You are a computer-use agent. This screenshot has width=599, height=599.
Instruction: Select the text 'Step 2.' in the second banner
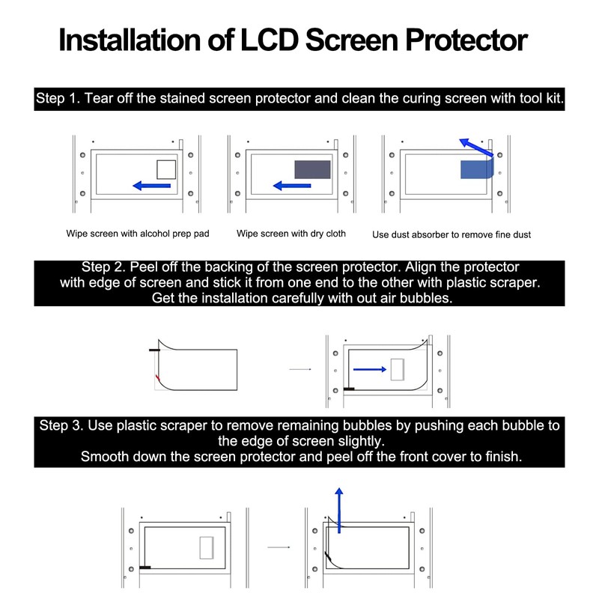pos(106,267)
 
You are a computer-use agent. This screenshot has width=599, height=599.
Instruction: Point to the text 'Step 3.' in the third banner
pos(62,426)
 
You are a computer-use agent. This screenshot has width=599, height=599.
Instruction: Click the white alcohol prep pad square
pos(166,170)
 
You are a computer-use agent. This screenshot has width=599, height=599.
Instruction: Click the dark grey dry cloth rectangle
pos(313,170)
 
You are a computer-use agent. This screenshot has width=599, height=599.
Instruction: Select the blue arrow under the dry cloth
pos(292,186)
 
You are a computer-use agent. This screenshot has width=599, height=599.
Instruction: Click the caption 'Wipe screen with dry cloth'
pos(291,234)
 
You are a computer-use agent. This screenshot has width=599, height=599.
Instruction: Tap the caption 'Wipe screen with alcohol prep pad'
pos(138,234)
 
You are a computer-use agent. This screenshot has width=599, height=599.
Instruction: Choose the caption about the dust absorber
pos(451,234)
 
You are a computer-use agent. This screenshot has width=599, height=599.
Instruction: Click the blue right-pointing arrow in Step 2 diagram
pos(369,368)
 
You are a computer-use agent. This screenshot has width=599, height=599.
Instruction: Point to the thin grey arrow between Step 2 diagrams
pos(299,368)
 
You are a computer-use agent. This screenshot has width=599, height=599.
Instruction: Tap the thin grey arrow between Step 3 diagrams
pos(279,547)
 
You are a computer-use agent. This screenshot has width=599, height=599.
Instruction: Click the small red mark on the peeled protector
pos(157,377)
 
